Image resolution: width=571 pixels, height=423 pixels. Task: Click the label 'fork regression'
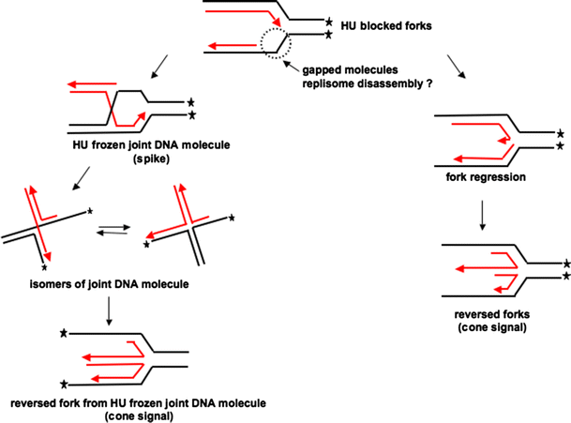click(488, 175)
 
